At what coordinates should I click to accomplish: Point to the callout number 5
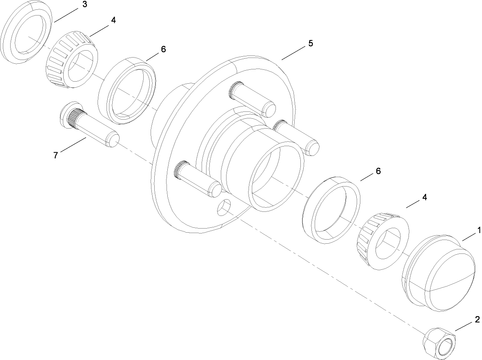(311, 44)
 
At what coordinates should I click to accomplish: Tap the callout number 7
(56, 155)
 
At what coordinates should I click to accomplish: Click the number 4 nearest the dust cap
(424, 197)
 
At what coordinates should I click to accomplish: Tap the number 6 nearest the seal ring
(163, 49)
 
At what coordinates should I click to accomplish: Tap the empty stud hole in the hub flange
(224, 207)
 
